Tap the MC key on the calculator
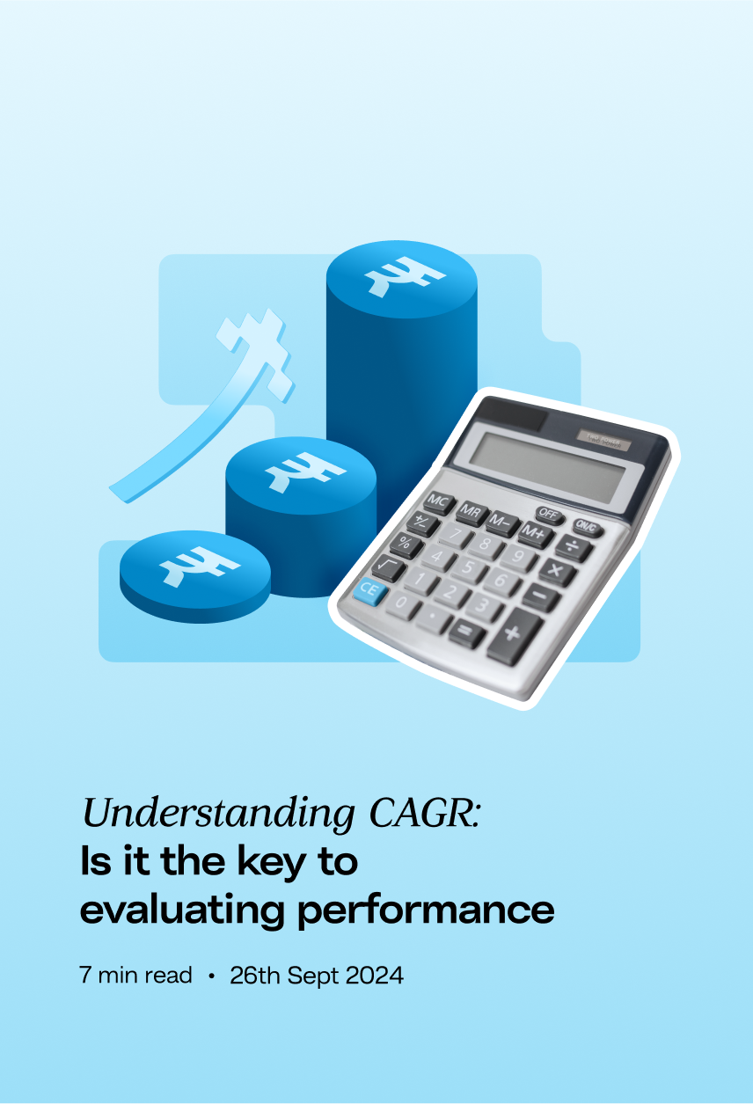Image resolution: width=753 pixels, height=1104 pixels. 439,503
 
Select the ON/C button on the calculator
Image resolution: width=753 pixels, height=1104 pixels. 587,528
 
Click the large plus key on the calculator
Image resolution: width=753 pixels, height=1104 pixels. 515,635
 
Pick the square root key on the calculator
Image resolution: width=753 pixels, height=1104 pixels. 388,567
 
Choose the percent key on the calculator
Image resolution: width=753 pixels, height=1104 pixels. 406,545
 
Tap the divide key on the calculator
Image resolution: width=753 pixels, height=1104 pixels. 574,548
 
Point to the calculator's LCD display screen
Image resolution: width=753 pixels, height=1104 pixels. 547,465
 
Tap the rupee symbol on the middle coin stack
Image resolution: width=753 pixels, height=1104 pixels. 305,472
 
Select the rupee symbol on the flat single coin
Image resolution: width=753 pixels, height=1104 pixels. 199,567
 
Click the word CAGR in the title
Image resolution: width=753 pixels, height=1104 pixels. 424,813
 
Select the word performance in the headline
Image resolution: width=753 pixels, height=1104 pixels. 427,911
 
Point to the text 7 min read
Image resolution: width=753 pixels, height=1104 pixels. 135,976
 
